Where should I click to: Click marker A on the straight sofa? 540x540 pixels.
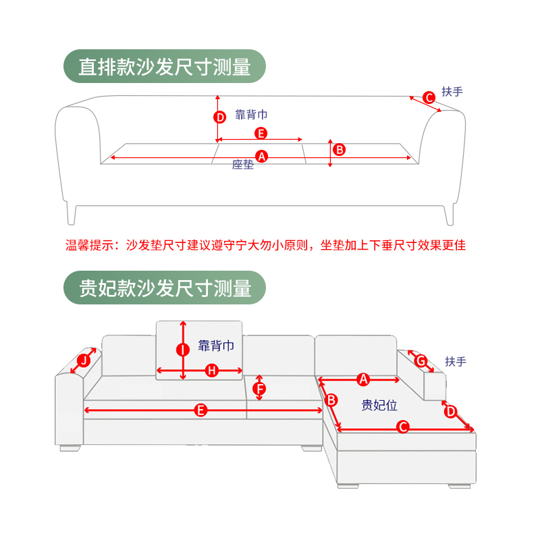(x=263, y=156)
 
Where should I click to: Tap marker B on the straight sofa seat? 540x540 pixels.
(x=340, y=149)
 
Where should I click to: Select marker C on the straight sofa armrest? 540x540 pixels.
(x=429, y=98)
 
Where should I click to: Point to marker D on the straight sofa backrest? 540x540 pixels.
(x=219, y=117)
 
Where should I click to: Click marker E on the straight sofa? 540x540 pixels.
(x=261, y=133)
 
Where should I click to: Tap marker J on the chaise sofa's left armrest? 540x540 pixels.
(x=83, y=360)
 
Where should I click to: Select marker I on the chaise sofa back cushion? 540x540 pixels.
(x=182, y=350)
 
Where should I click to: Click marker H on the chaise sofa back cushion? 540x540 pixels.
(x=211, y=370)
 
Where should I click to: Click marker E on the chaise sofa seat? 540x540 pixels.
(x=200, y=410)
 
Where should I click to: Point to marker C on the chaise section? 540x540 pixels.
(x=402, y=427)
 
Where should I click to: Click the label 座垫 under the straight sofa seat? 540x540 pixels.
(x=243, y=165)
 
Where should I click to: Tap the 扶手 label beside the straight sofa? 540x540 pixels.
(x=452, y=91)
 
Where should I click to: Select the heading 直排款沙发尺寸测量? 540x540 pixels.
(x=165, y=67)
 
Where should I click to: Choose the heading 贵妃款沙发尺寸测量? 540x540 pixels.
(x=165, y=289)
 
